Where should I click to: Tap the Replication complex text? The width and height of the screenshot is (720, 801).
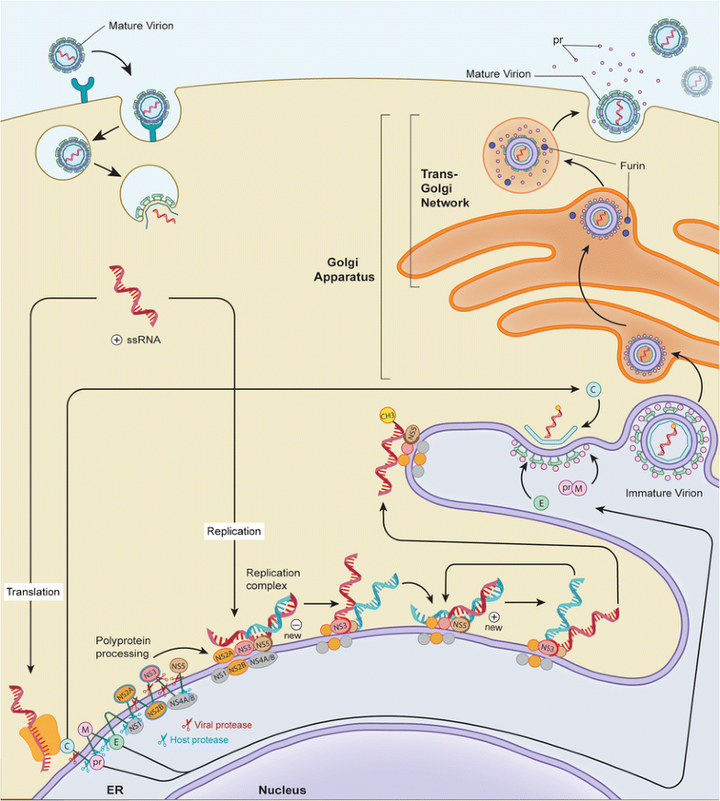(x=272, y=578)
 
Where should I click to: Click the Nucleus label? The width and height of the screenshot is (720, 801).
(x=281, y=789)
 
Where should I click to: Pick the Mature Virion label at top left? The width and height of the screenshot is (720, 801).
(x=114, y=26)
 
